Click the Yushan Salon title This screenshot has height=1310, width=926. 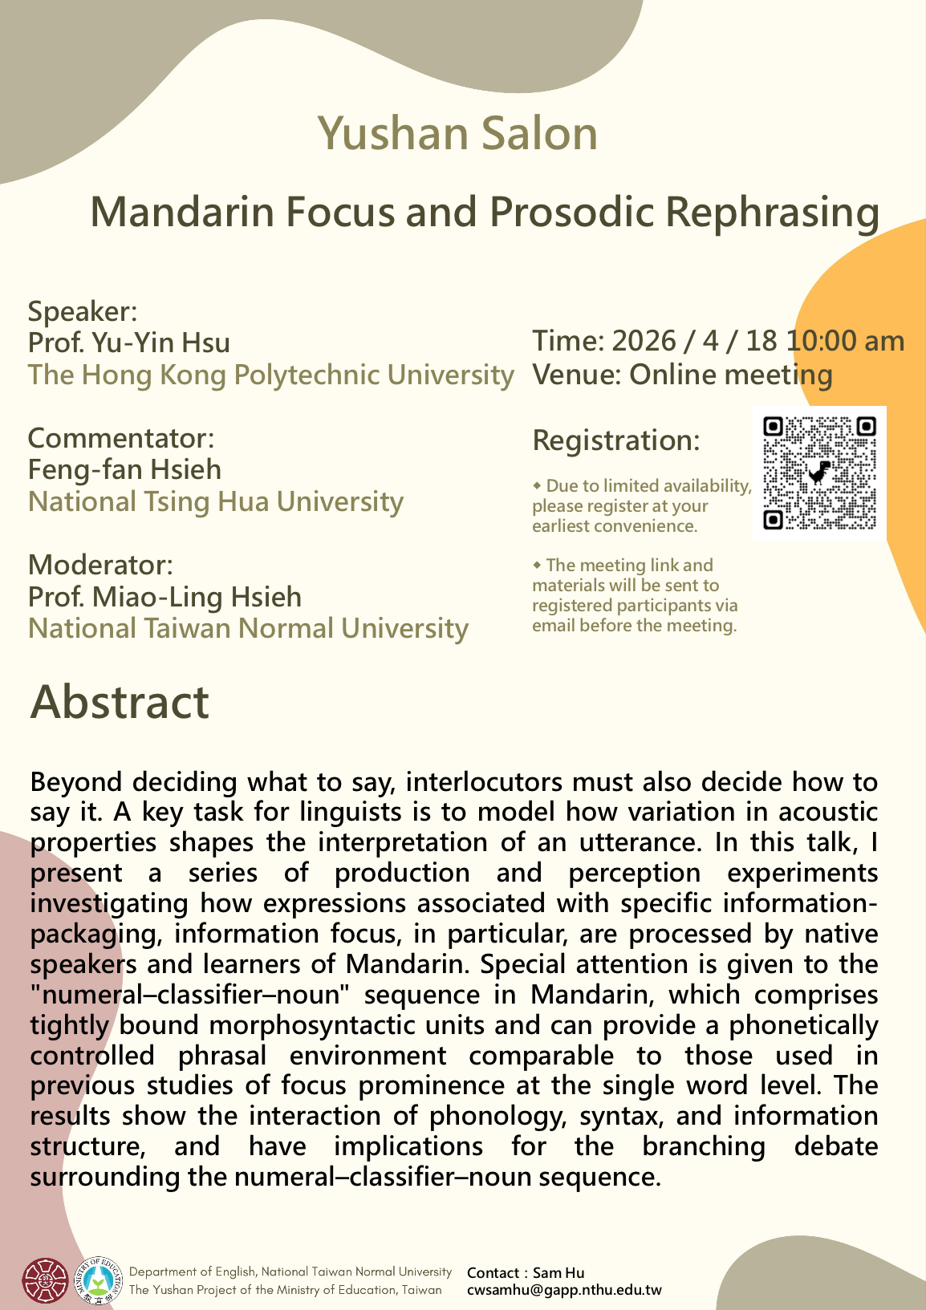pos(457,134)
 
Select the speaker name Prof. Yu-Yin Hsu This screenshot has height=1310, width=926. pos(129,343)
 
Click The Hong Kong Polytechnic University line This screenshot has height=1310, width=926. pos(270,375)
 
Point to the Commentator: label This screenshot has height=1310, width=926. pos(121,438)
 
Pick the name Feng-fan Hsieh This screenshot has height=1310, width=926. pos(124,469)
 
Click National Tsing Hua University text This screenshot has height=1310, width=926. pos(216,501)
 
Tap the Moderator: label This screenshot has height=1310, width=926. pos(100,565)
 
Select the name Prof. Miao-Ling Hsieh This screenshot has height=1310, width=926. pos(164,597)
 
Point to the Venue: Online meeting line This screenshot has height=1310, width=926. pos(682,375)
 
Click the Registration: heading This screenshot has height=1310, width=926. pos(616,440)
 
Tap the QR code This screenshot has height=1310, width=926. pos(819,473)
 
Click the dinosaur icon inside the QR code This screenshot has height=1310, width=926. pos(819,473)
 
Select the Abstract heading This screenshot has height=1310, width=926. pos(120,702)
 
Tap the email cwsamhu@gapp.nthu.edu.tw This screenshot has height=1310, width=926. pos(564,1291)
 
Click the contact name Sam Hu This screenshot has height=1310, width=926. pos(558,1273)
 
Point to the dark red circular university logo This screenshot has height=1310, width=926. pos(45,1280)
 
